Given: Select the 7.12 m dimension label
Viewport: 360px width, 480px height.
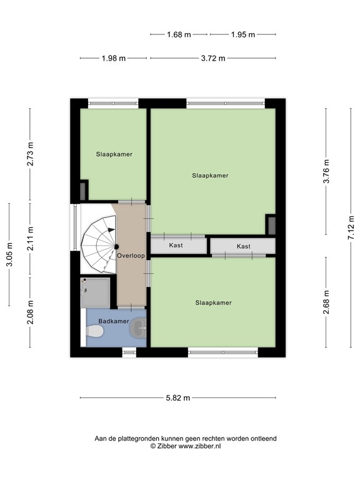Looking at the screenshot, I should pyautogui.click(x=351, y=227).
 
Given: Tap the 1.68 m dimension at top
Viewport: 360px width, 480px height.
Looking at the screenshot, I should pyautogui.click(x=179, y=35).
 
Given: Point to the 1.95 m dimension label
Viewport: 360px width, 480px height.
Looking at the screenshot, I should pyautogui.click(x=243, y=35).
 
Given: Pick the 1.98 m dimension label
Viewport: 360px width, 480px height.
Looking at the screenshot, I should pyautogui.click(x=114, y=58).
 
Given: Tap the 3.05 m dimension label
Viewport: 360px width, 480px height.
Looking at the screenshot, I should pyautogui.click(x=9, y=254).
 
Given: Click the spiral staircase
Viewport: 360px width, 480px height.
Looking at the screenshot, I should pyautogui.click(x=99, y=244).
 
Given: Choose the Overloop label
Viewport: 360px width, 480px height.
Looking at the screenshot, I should pyautogui.click(x=131, y=256).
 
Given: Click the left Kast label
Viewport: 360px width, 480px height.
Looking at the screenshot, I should pyautogui.click(x=176, y=246).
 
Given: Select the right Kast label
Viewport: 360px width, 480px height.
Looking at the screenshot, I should pyautogui.click(x=243, y=246).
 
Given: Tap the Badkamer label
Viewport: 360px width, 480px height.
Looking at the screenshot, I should pyautogui.click(x=114, y=321).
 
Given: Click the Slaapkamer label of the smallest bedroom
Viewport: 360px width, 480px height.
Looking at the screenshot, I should pyautogui.click(x=114, y=154).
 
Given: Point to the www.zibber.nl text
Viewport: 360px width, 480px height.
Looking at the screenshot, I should pyautogui.click(x=199, y=446).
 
